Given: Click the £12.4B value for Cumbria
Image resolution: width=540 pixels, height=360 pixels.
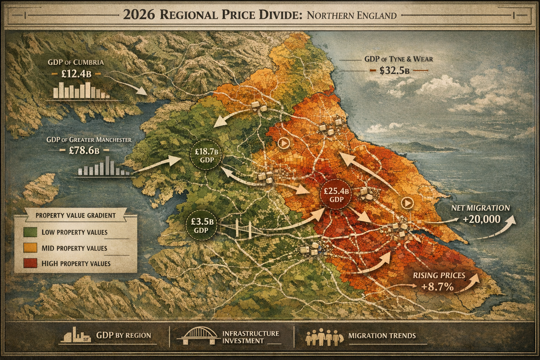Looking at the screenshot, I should [x=76, y=74].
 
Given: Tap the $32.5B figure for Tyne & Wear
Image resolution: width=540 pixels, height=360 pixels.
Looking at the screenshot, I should [x=394, y=71].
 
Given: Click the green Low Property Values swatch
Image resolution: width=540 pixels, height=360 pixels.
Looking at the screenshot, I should [x=30, y=232].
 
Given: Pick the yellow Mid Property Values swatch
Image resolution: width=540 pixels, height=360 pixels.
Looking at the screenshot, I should [x=30, y=248].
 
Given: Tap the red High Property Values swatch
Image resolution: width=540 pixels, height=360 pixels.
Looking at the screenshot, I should [x=30, y=264].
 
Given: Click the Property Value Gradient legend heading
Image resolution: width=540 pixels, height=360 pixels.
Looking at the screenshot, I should [x=76, y=216].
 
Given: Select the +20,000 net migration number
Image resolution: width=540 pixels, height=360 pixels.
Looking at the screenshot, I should [x=481, y=219].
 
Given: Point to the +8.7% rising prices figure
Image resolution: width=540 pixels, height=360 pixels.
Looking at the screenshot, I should [x=437, y=287].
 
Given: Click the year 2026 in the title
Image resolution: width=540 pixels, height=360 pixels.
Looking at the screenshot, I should [x=139, y=15].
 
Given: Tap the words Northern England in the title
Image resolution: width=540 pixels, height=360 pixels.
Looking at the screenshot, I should [x=352, y=15].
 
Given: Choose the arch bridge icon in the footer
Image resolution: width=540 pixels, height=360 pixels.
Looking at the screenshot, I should [x=197, y=336].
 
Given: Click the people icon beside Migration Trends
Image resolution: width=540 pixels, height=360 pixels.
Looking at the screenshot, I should [x=323, y=337].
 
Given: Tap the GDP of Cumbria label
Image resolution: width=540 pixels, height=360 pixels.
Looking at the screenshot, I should [x=76, y=63].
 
